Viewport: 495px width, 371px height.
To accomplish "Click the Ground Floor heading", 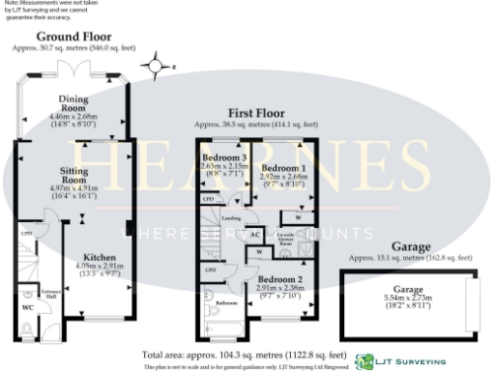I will (70, 37).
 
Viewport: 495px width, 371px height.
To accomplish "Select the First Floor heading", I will (255, 113).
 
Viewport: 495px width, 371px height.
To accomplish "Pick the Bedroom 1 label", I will (283, 167).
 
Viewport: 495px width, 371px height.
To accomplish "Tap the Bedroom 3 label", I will (223, 157).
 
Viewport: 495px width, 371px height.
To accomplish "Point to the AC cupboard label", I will (255, 233).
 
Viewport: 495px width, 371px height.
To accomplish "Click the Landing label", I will (231, 218).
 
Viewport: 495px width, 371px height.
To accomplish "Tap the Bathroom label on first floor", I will (226, 303).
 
